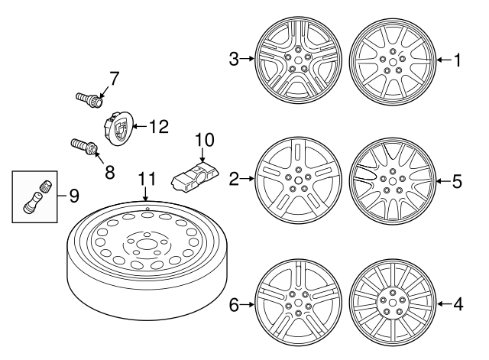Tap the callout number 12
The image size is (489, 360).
(x=157, y=127)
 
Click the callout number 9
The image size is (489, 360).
(x=74, y=196)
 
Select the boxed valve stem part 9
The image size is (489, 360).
(x=37, y=196)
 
